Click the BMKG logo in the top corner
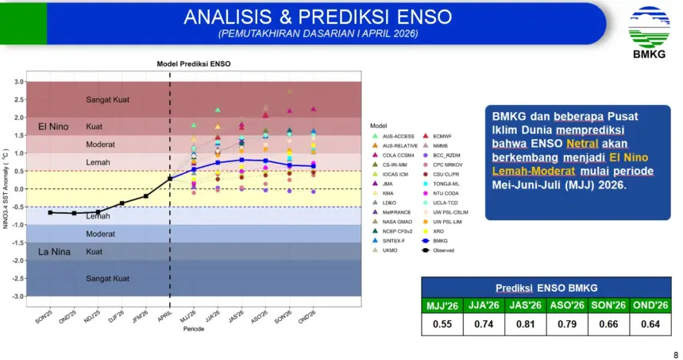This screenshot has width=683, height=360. tap(649, 30)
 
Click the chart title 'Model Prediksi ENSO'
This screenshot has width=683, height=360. tap(192, 64)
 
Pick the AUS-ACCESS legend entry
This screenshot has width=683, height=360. tap(399, 136)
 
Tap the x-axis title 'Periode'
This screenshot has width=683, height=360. tap(195, 327)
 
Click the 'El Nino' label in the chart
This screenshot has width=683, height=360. tap(53, 127)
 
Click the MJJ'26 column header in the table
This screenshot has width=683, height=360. tap(442, 305)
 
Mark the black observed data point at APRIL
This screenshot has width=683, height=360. tap(170, 178)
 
